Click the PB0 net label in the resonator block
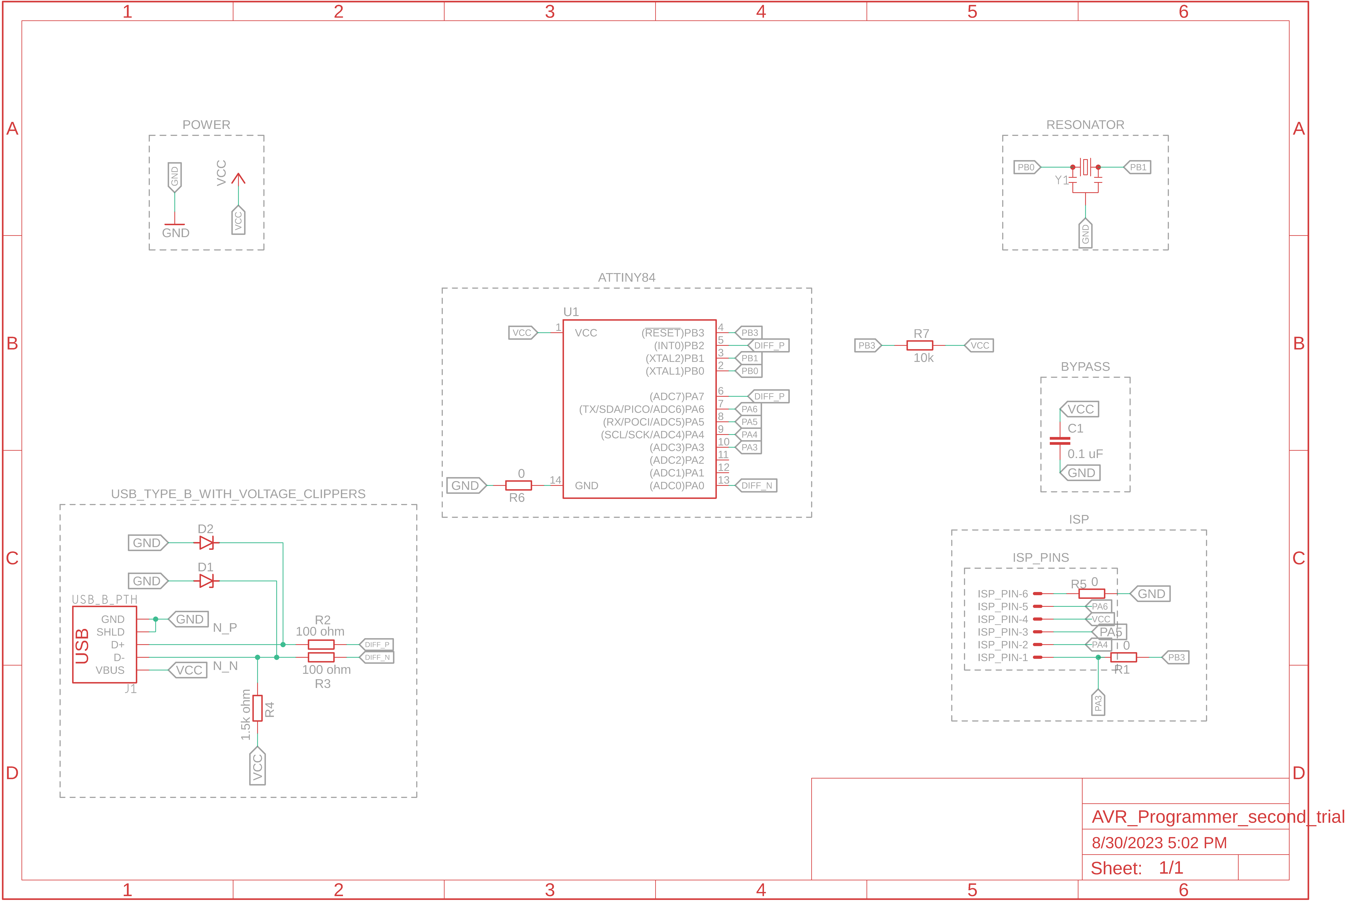pos(1026,167)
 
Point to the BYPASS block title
pos(1085,366)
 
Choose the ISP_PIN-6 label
pos(1002,594)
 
